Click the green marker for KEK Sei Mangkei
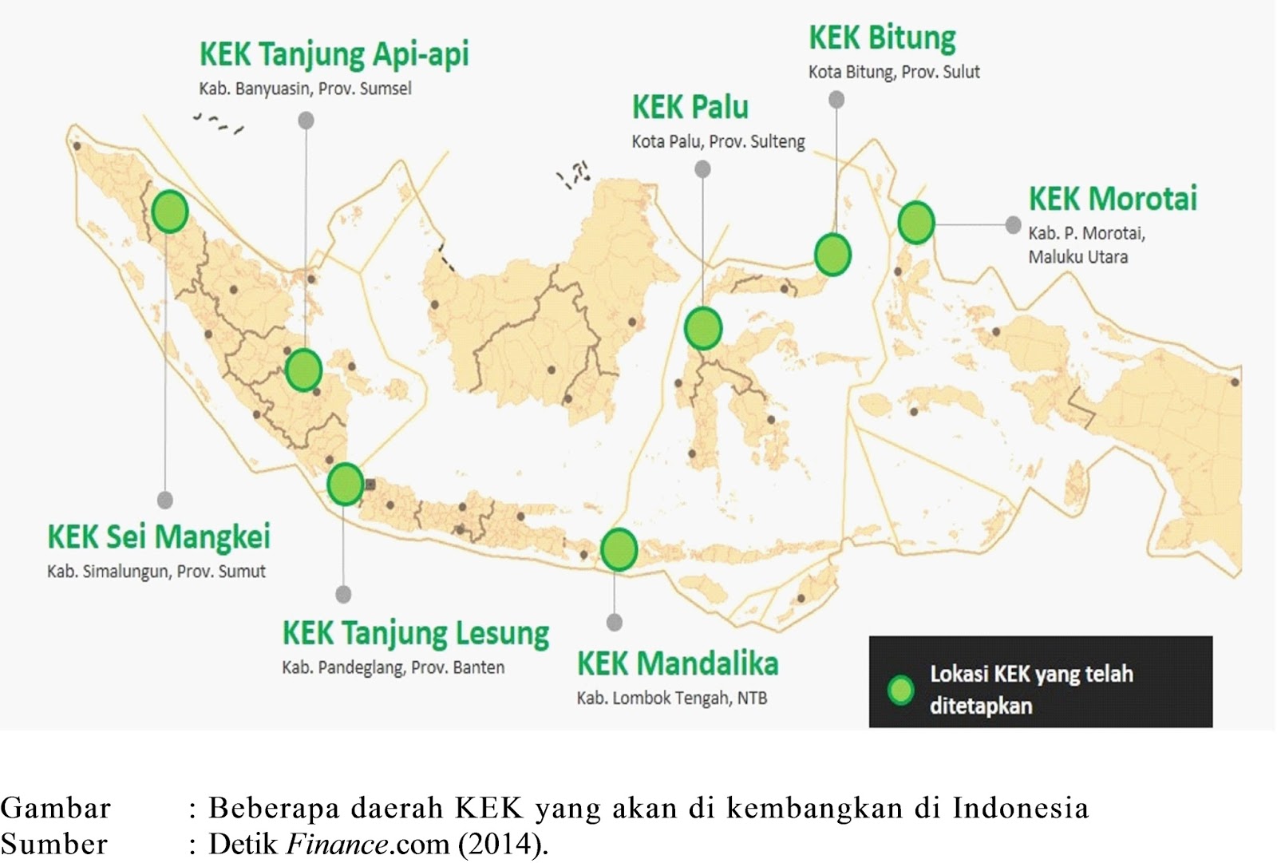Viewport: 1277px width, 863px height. tap(170, 212)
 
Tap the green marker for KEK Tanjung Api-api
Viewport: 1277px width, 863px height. tap(303, 370)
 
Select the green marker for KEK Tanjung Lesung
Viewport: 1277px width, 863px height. tap(346, 484)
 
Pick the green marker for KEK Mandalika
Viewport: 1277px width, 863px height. tap(619, 549)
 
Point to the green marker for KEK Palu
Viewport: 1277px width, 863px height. tap(703, 328)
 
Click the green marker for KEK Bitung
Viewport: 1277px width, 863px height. tap(832, 255)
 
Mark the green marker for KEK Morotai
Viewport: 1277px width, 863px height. tap(915, 223)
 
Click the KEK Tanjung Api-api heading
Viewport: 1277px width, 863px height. tap(334, 55)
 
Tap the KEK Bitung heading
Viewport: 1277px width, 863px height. tap(882, 38)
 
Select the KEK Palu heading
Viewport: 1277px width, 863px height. tap(690, 107)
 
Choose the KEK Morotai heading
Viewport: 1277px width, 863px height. tap(1113, 199)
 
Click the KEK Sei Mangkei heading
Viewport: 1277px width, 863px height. tap(159, 536)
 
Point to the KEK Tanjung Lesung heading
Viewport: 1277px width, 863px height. tap(416, 634)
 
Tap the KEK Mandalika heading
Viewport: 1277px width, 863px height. tap(678, 664)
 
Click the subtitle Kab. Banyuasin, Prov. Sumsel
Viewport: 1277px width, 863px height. tap(305, 89)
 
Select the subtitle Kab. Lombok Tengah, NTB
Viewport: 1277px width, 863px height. tap(671, 699)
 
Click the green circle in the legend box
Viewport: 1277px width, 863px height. tap(901, 691)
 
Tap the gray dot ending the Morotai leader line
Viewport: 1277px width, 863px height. tap(1013, 225)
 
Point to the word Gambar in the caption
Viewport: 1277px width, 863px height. tap(56, 809)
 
